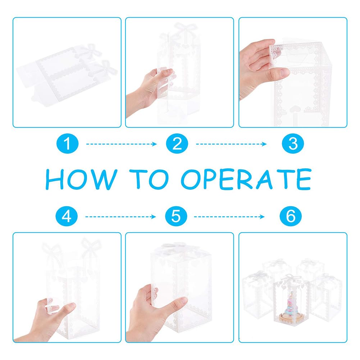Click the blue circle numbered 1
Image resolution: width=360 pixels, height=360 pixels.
click(68, 143)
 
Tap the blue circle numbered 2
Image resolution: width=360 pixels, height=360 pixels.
click(177, 143)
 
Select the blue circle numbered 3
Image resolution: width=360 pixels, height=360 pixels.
click(293, 143)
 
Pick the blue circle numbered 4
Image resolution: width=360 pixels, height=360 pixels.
click(67, 216)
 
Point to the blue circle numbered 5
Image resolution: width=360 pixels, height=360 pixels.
click(176, 216)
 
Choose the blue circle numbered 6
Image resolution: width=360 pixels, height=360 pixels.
click(291, 216)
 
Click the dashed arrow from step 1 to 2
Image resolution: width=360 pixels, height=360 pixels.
click(122, 144)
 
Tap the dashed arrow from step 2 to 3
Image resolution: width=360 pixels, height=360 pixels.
click(231, 144)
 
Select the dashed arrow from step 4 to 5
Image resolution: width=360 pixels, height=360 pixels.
click(120, 217)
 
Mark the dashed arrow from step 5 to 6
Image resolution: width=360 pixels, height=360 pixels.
click(229, 217)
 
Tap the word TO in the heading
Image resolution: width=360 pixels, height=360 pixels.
click(149, 179)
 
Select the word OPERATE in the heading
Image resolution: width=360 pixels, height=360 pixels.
click(246, 179)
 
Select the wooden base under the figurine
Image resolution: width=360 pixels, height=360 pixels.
click(291, 318)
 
